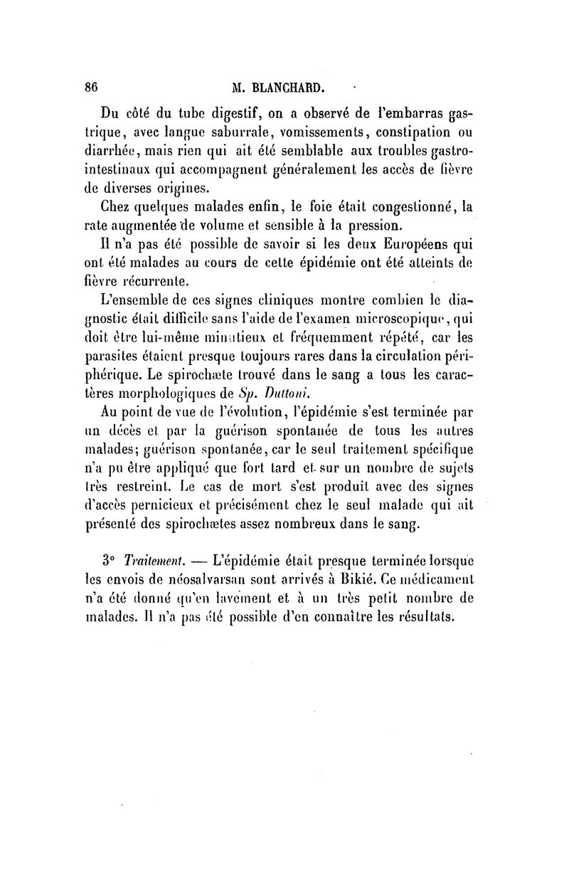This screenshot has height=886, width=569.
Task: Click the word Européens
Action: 410,246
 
